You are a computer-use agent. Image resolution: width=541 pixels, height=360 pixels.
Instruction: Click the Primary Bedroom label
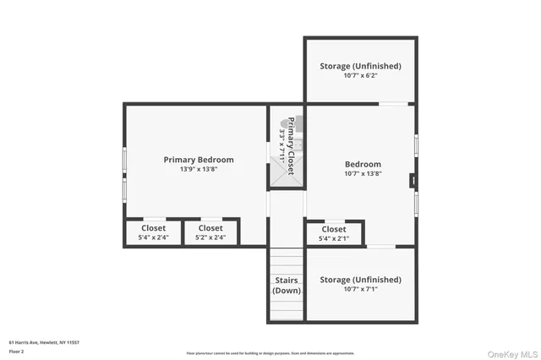pyautogui.click(x=199, y=159)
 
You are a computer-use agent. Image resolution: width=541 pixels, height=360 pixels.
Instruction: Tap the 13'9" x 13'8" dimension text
pyautogui.click(x=199, y=169)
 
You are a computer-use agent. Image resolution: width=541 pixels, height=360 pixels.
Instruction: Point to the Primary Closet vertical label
pyautogui.click(x=291, y=145)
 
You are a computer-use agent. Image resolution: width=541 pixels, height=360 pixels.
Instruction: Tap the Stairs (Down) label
pyautogui.click(x=287, y=285)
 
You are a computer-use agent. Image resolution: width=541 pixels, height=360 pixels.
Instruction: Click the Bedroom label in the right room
pyautogui.click(x=363, y=164)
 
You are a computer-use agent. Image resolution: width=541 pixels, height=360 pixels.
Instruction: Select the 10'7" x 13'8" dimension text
pyautogui.click(x=363, y=174)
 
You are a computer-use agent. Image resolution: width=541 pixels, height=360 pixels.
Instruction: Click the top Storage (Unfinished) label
pyautogui.click(x=360, y=66)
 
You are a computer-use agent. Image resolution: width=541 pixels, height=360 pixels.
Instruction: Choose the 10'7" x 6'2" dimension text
pyautogui.click(x=360, y=76)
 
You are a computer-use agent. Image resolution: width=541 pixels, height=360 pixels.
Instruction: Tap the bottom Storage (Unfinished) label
pyautogui.click(x=360, y=279)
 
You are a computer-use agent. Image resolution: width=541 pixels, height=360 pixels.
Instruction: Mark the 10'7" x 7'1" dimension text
pyautogui.click(x=360, y=289)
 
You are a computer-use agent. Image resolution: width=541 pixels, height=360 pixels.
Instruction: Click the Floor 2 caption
pyautogui.click(x=16, y=352)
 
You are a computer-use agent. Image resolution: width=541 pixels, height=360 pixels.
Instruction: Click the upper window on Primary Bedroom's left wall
pyautogui.click(x=125, y=161)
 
